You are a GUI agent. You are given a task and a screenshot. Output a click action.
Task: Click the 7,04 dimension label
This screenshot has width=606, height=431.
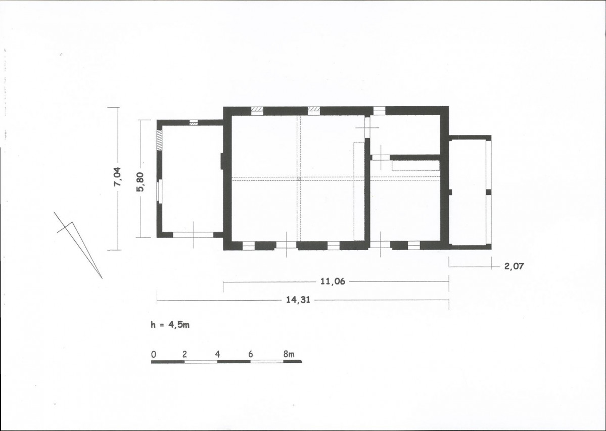click(117, 177)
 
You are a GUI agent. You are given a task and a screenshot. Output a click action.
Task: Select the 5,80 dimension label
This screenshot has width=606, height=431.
click(140, 181)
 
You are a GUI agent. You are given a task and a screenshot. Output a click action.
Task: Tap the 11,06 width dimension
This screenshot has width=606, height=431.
click(333, 281)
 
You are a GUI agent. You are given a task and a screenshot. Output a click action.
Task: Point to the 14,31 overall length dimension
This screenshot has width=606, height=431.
click(298, 300)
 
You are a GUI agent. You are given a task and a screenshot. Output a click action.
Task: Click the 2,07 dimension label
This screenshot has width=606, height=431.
click(514, 266)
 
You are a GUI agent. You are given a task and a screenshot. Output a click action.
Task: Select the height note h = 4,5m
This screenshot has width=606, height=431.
click(170, 324)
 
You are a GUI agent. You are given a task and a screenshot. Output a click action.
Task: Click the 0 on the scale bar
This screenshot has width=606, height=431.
click(154, 354)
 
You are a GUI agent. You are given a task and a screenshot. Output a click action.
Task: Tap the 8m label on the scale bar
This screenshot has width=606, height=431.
click(289, 354)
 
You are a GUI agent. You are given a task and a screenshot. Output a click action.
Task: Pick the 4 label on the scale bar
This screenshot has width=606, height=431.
click(218, 354)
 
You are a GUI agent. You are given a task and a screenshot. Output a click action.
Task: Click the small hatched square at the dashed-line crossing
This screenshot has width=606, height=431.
click(298, 179)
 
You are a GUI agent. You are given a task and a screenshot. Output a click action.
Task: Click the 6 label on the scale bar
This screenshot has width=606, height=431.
click(251, 354)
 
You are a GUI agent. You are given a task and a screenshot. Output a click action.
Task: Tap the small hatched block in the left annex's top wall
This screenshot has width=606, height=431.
click(194, 123)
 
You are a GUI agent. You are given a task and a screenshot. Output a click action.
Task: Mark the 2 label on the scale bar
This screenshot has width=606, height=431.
click(185, 354)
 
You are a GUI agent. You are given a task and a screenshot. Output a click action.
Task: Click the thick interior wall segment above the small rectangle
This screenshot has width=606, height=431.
click(415, 157)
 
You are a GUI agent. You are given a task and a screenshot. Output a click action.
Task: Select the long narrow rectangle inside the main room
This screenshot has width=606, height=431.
click(359, 191)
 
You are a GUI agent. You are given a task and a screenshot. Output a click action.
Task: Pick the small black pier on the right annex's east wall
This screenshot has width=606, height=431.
click(489, 192)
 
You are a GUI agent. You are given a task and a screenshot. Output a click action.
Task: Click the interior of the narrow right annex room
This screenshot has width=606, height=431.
click(467, 192)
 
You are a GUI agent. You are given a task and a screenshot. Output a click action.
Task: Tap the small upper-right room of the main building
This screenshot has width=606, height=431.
click(405, 134)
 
